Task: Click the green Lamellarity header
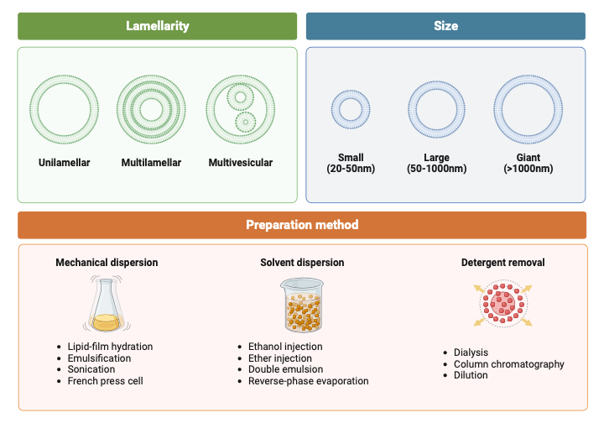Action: (x=158, y=26)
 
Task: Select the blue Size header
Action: (x=445, y=26)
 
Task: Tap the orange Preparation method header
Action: (x=302, y=225)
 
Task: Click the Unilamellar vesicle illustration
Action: (x=64, y=109)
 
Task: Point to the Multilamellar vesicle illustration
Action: (x=151, y=109)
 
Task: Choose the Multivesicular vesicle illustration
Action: (x=240, y=109)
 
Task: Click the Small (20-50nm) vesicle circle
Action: (x=351, y=109)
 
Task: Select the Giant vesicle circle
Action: (x=528, y=109)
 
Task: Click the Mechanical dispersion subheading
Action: (x=107, y=263)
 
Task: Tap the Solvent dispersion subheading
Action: (x=302, y=263)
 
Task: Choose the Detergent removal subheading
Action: (x=502, y=263)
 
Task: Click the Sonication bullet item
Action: (x=91, y=369)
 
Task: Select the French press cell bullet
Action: (x=105, y=381)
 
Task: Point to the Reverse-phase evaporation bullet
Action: (x=308, y=381)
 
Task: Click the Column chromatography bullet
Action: (x=508, y=364)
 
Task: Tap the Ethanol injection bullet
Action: (x=285, y=347)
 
